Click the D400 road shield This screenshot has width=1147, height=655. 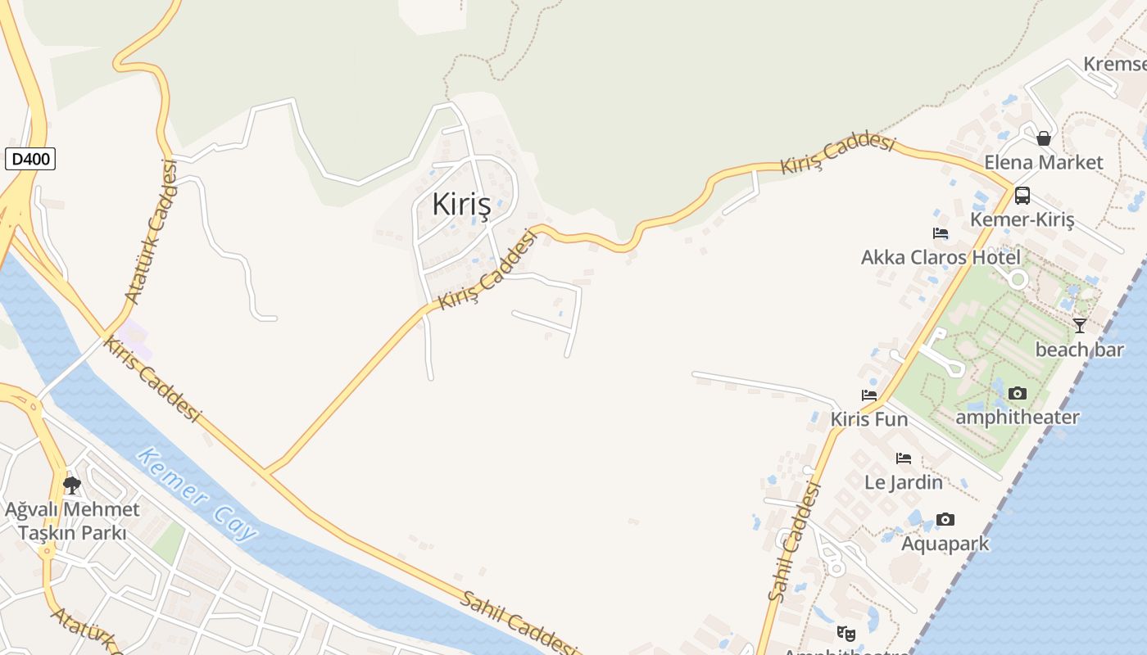pos(30,159)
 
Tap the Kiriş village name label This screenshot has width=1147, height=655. pos(461,205)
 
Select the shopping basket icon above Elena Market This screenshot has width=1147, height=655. pos(1044,138)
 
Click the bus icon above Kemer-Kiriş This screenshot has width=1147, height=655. pos(1022,196)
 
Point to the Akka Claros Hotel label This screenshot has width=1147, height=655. pos(941,257)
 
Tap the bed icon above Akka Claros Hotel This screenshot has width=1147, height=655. pos(941,233)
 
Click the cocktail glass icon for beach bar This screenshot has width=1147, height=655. pos(1080,325)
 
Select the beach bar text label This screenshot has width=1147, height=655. pos(1079,350)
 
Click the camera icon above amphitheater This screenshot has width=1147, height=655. pos(1018,393)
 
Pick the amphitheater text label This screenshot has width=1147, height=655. pos(1018,417)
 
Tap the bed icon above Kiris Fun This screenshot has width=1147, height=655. pos(869,395)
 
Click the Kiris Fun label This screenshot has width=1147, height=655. pos(869,419)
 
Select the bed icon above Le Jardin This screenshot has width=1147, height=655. pos(904,458)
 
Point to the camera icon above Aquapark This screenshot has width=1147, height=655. pos(945,520)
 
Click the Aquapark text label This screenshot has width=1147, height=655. pos(945,544)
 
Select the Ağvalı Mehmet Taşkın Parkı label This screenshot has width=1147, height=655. pos(72,521)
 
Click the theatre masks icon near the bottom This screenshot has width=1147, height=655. pos(846,633)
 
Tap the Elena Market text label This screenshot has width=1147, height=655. pos(1044,162)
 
